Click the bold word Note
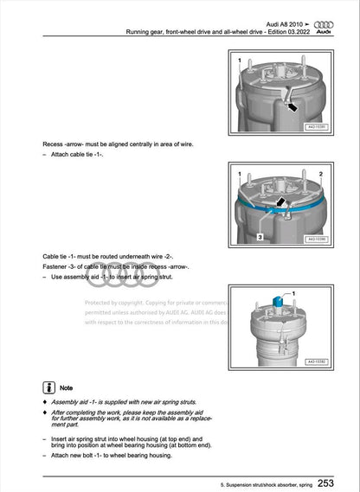point(67,388)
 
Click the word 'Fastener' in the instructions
point(56,267)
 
